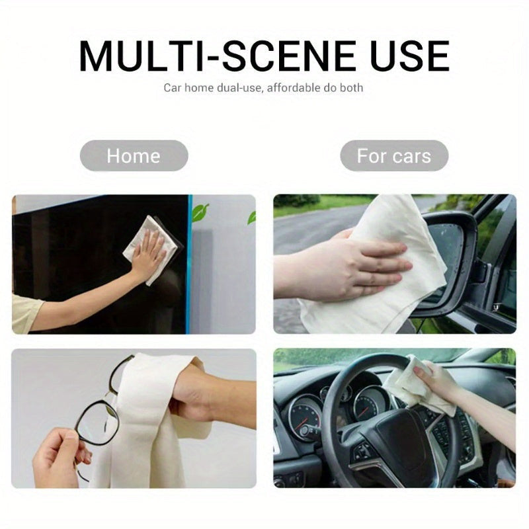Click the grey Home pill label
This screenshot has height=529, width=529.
[x=134, y=156]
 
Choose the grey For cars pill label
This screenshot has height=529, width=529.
[x=394, y=156]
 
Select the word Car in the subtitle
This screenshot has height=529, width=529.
[x=172, y=88]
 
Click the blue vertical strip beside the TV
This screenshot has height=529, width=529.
[x=189, y=264]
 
